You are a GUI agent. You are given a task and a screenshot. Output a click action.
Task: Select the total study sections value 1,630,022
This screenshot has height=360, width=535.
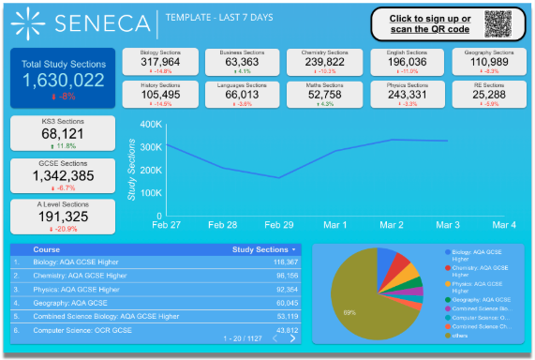coord(63,81)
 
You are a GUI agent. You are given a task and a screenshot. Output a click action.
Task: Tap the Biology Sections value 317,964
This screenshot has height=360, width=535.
coord(167,62)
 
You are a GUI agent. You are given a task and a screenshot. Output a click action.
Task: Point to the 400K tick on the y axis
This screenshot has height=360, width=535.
coord(150,124)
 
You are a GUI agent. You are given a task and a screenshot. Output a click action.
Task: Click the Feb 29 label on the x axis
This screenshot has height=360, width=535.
coord(280,225)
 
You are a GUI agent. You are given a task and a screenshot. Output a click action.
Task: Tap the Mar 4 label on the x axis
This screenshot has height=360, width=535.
coord(504,225)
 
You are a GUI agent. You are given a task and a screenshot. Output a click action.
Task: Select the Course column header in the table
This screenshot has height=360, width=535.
coord(47,249)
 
